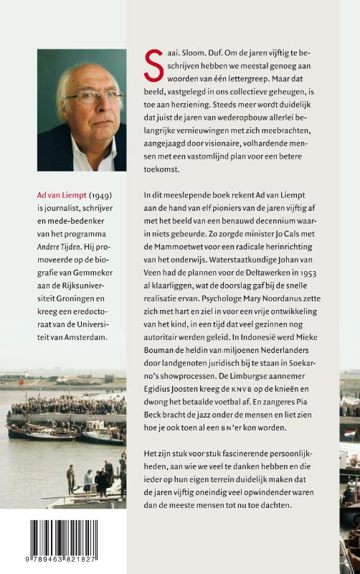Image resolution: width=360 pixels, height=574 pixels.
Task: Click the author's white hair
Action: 79,70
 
